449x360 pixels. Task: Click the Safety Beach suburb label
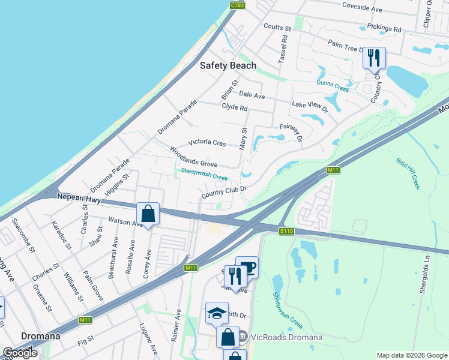[x=228, y=65]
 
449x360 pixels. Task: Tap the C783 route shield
[x=237, y=5]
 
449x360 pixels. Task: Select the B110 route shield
[x=286, y=230]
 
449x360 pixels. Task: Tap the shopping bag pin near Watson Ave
[x=148, y=214]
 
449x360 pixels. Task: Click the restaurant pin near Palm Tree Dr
[x=374, y=59]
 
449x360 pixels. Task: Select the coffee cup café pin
[x=247, y=267]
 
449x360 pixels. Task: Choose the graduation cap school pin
[x=217, y=313]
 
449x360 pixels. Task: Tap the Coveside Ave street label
[x=362, y=9]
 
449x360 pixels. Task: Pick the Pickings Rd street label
[x=381, y=28]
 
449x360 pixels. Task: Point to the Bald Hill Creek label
[x=408, y=174]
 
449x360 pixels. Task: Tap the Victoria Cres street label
[x=206, y=143]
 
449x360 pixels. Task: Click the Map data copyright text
[x=412, y=355]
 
